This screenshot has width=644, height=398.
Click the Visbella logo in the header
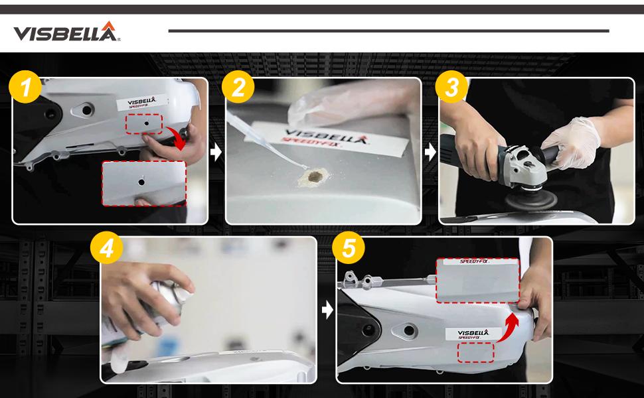click(x=66, y=31)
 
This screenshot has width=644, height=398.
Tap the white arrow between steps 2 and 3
click(x=430, y=152)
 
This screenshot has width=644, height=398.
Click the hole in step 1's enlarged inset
click(x=141, y=180)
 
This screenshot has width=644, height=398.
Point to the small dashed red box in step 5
click(x=475, y=352)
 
